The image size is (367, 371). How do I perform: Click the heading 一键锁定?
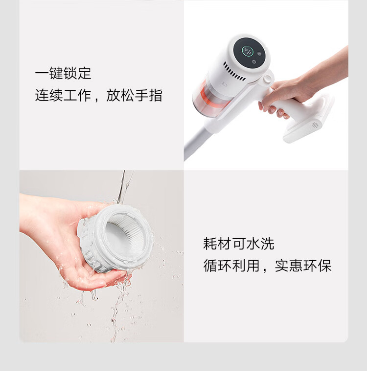[63, 73]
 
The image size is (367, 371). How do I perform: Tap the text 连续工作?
[63, 95]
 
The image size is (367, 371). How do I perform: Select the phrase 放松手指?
[134, 95]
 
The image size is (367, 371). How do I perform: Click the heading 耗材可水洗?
[239, 244]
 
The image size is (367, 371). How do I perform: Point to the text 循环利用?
[231, 266]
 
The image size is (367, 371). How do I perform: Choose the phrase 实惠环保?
[303, 266]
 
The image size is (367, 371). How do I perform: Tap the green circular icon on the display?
[247, 51]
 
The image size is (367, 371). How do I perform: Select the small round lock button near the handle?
[267, 79]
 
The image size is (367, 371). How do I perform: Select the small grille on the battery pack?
[315, 125]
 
